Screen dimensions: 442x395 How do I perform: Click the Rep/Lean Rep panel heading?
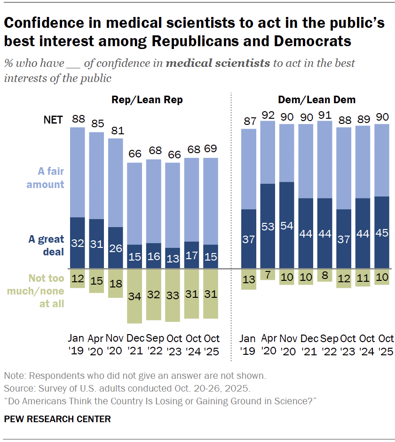[147, 100]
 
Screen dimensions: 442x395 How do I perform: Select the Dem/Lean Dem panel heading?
[317, 100]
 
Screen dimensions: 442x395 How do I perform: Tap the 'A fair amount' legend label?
[45, 178]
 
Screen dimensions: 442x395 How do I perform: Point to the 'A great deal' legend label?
[46, 245]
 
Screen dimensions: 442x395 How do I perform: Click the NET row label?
[53, 120]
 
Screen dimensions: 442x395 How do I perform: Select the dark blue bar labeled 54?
[287, 225]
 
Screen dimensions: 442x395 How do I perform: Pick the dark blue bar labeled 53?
[268, 226]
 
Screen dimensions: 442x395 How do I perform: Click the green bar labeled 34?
[135, 295]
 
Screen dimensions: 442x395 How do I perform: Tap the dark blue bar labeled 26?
[116, 247]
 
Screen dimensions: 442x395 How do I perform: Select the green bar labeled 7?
[268, 274]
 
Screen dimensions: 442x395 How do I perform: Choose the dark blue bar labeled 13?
[173, 258]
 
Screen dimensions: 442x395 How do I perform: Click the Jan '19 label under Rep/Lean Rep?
[78, 345]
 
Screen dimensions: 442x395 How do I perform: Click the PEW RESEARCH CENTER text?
[57, 419]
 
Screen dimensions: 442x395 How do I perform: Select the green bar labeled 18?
[116, 283]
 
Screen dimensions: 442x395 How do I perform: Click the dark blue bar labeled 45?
[382, 232]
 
